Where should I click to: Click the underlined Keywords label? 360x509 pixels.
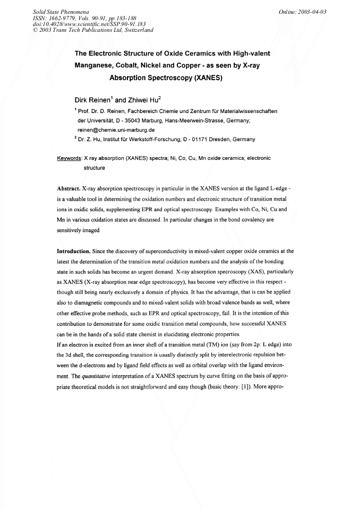[69, 158]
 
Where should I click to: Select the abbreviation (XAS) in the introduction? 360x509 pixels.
[255, 271]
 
